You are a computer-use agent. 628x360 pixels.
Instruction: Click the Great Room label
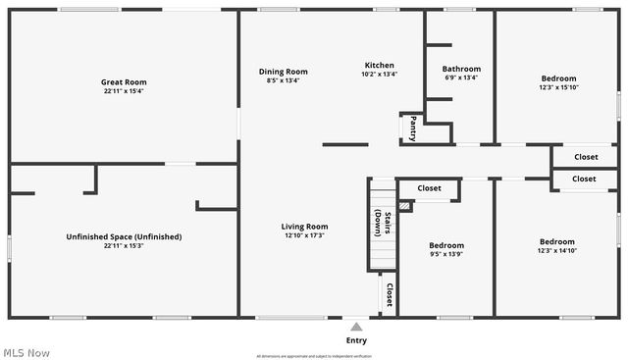[124, 81]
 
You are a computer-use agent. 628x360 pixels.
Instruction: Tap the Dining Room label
[284, 71]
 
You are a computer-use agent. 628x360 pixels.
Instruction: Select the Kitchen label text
[380, 65]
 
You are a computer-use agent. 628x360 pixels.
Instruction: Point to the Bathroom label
[461, 69]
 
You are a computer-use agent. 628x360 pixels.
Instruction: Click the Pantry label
[413, 129]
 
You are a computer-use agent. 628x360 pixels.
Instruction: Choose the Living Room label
[305, 227]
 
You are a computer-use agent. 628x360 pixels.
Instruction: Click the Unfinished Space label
[124, 236]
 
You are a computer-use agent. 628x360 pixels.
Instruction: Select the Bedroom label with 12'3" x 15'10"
[558, 78]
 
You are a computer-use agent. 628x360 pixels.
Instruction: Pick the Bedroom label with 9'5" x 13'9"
[446, 245]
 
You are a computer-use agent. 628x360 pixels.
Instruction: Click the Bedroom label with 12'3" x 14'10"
[557, 241]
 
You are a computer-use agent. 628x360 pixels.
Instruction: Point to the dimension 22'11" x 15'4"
[124, 91]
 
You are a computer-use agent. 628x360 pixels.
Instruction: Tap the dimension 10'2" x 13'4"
[380, 75]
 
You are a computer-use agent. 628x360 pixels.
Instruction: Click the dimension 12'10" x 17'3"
[305, 235]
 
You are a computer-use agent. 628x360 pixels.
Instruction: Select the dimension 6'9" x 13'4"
[461, 78]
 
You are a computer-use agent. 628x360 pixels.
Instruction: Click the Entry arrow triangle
[356, 326]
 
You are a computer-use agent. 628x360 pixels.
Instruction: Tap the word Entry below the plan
[356, 340]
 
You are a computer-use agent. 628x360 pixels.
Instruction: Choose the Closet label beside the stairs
[390, 295]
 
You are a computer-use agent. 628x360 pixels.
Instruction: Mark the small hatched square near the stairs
[405, 206]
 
